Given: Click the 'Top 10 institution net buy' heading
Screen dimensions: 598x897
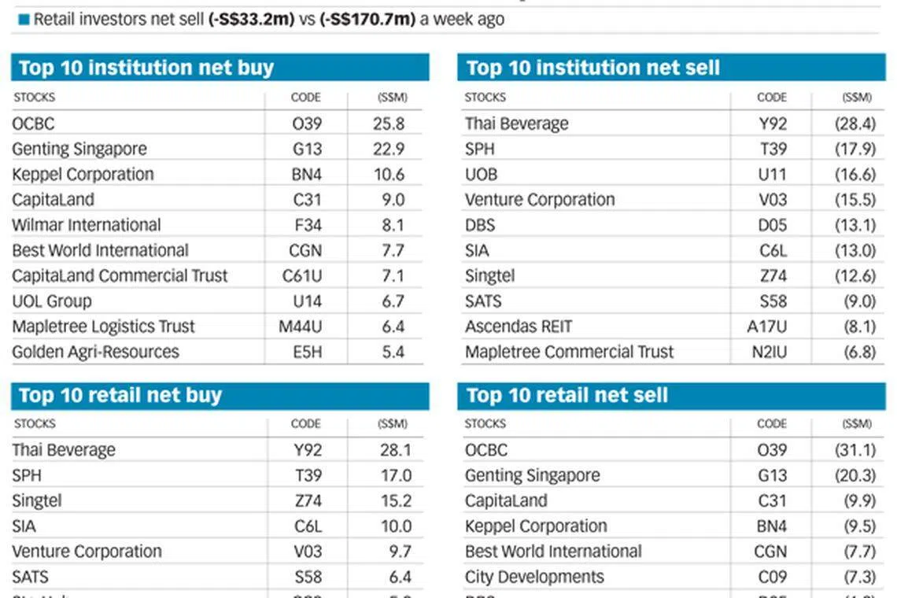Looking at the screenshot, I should tap(146, 68).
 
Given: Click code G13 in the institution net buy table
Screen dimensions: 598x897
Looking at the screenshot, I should tap(306, 149).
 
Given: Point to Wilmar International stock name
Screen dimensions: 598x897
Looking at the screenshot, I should tap(87, 225).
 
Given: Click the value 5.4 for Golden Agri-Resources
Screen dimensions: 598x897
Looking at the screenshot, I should tap(392, 352).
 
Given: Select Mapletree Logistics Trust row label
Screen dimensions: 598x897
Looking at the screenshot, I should tap(103, 327).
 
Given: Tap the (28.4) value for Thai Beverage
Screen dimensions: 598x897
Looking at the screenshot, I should tap(855, 124).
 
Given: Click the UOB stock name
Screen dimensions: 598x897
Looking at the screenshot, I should tap(481, 175).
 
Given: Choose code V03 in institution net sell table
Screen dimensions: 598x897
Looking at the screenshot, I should tap(772, 200).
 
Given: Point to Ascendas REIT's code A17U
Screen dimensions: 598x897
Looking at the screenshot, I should tap(766, 327).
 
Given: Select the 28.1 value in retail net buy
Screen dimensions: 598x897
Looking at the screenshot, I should tap(395, 450).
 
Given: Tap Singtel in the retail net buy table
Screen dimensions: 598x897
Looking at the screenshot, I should tap(37, 501).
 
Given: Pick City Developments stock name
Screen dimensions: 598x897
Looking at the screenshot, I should tap(534, 577).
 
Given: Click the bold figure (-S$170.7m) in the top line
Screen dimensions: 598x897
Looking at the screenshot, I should tap(367, 19).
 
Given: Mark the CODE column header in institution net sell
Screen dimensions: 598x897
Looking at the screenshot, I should tap(771, 98).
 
